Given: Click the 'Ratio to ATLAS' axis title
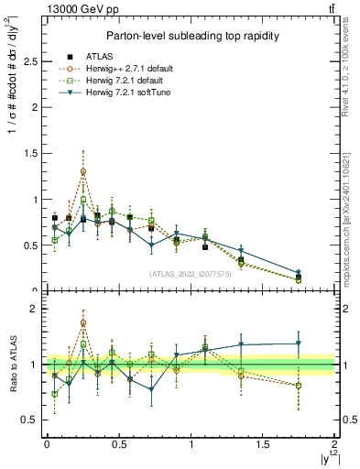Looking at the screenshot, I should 12,365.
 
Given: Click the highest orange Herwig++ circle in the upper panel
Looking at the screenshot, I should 83,171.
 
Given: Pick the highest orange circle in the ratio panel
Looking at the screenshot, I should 83,322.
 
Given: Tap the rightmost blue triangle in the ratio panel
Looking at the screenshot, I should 299,344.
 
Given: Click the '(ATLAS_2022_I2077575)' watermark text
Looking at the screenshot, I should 191,274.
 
